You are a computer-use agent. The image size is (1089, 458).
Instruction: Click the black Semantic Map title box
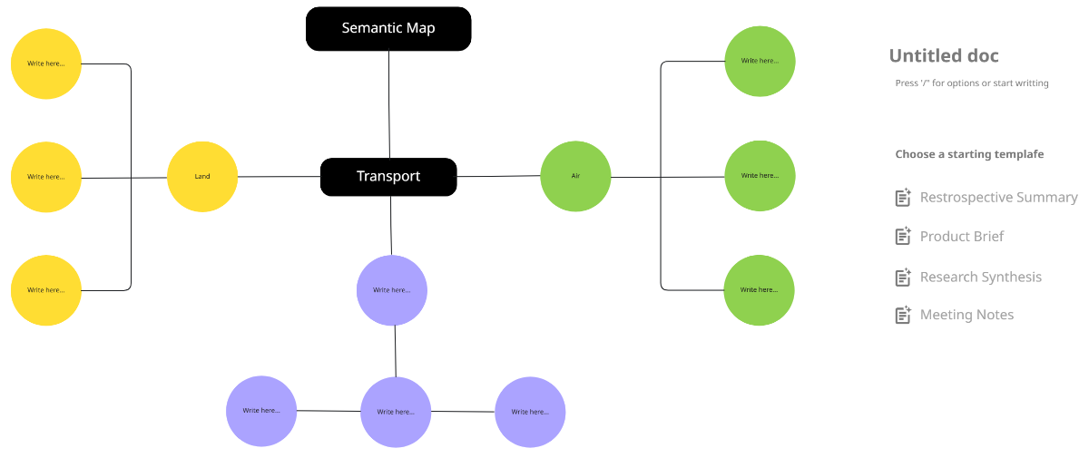[x=388, y=28]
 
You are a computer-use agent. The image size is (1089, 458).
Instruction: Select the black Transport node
[x=388, y=177]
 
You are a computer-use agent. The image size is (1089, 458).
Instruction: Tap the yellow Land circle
[x=202, y=176]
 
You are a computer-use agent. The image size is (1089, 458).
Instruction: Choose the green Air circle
[x=575, y=175]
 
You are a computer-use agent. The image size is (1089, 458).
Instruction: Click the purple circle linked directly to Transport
[x=392, y=290]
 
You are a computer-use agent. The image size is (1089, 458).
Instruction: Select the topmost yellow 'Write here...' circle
[x=46, y=63]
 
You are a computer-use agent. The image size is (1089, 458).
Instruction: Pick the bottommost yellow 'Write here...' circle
[x=46, y=290]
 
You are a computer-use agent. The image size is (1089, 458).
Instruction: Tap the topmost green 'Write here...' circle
[x=760, y=61]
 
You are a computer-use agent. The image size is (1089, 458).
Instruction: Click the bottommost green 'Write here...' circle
[x=760, y=290]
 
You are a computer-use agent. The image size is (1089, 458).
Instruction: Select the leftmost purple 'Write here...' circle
[x=261, y=411]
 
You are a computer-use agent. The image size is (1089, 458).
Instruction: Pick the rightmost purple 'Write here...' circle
[x=530, y=412]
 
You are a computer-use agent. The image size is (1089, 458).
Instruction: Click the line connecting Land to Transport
[x=279, y=176]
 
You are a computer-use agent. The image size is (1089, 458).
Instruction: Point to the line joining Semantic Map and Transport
[x=389, y=104]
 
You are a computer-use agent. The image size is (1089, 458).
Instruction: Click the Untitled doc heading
[x=944, y=56]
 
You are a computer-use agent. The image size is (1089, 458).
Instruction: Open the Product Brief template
[x=962, y=237]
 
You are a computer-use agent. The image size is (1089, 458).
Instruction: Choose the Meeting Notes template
[x=966, y=315]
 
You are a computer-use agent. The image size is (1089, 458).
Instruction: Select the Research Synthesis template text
[x=980, y=278]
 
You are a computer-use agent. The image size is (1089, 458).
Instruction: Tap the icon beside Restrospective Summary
[x=903, y=198]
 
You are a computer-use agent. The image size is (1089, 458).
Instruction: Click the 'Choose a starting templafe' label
[x=969, y=154]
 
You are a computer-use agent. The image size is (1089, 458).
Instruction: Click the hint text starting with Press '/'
[x=972, y=83]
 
